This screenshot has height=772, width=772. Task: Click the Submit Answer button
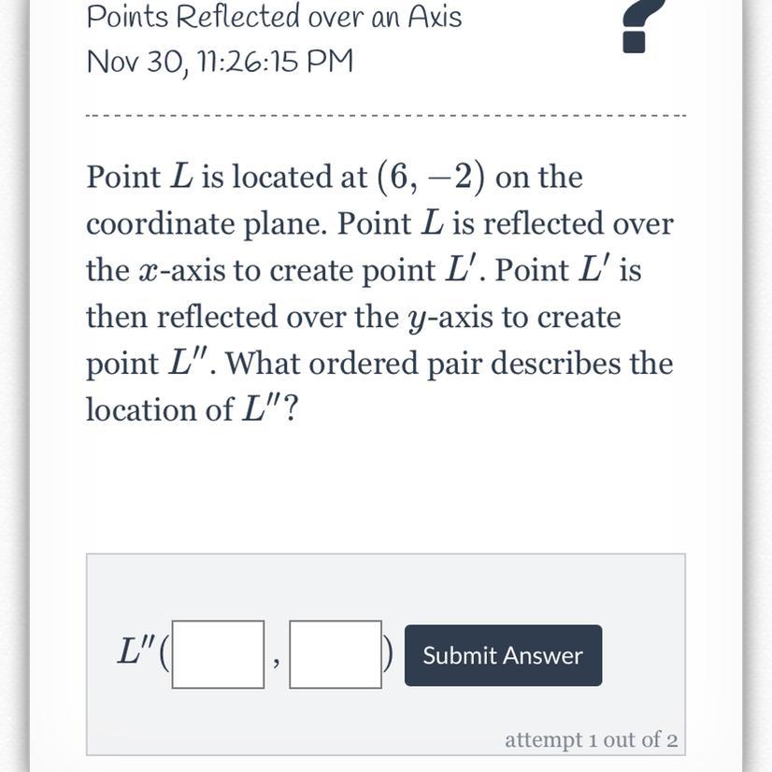[503, 655]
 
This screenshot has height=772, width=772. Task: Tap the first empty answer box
[218, 654]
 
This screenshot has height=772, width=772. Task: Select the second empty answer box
[336, 654]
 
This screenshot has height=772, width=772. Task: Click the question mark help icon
[640, 25]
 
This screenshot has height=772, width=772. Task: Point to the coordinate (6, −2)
[431, 178]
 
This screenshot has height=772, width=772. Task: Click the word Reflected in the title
[237, 16]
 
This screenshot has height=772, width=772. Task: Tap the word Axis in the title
[435, 16]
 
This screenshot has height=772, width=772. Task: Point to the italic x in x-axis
[147, 271]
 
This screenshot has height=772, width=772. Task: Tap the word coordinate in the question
[160, 224]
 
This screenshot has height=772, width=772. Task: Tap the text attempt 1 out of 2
[591, 739]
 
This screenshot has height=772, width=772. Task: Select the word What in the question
[263, 364]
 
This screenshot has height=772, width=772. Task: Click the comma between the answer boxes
[277, 663]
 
